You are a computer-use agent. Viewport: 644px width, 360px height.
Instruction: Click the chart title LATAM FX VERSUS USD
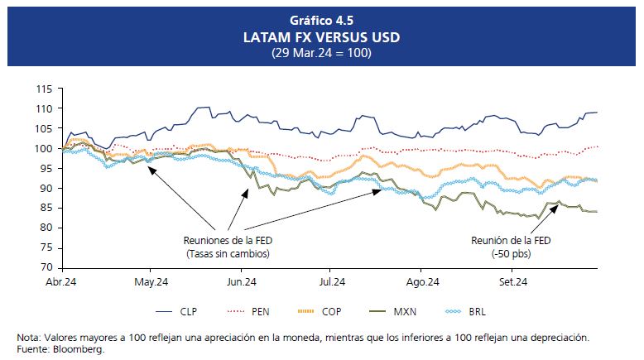click(321, 38)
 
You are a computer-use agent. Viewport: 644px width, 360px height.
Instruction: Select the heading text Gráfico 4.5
click(321, 20)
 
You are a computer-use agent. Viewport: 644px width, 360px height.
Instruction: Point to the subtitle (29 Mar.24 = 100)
click(321, 53)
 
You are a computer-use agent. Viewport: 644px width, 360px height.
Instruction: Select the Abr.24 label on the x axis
click(62, 282)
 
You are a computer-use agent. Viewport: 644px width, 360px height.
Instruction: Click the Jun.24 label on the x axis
click(240, 282)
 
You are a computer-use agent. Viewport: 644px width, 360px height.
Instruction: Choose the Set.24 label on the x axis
click(512, 282)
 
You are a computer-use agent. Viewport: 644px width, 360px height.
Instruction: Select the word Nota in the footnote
click(29, 338)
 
